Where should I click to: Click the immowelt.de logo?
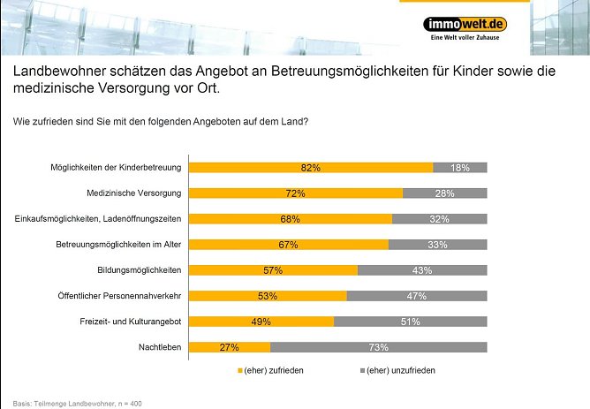465,24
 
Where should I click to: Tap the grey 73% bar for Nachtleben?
378,347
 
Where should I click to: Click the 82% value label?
310,167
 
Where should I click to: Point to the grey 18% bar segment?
459,167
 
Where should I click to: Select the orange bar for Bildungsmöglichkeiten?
274,270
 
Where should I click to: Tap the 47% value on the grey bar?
417,296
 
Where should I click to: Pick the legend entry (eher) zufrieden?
273,370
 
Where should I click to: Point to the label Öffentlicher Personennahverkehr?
123,296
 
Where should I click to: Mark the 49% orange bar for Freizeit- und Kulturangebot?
261,322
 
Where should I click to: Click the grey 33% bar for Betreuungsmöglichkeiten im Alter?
437,245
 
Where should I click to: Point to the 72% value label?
295,193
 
